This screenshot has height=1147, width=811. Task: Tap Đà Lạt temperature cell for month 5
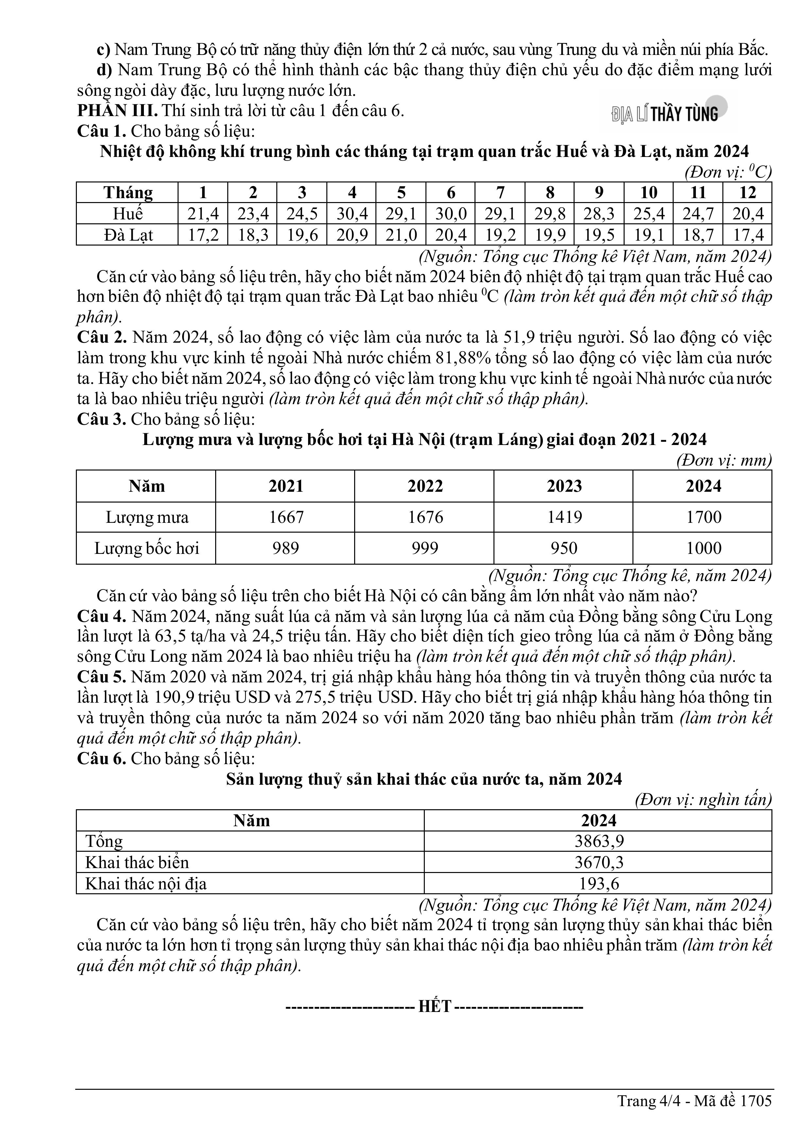click(x=401, y=235)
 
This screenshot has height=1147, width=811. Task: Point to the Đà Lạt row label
click(x=128, y=235)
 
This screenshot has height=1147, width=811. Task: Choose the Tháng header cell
click(x=128, y=192)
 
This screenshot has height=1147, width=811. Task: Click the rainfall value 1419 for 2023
click(x=564, y=517)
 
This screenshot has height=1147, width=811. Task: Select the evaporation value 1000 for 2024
click(x=703, y=548)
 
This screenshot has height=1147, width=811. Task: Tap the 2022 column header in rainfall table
click(x=425, y=486)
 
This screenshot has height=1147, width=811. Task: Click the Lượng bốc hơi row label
click(x=147, y=548)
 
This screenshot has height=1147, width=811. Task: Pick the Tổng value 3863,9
click(x=599, y=841)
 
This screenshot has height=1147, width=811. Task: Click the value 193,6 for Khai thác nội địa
click(x=599, y=883)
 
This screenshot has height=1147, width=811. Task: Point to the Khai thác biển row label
click(x=137, y=862)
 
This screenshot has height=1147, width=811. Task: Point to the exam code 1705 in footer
click(x=756, y=1115)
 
